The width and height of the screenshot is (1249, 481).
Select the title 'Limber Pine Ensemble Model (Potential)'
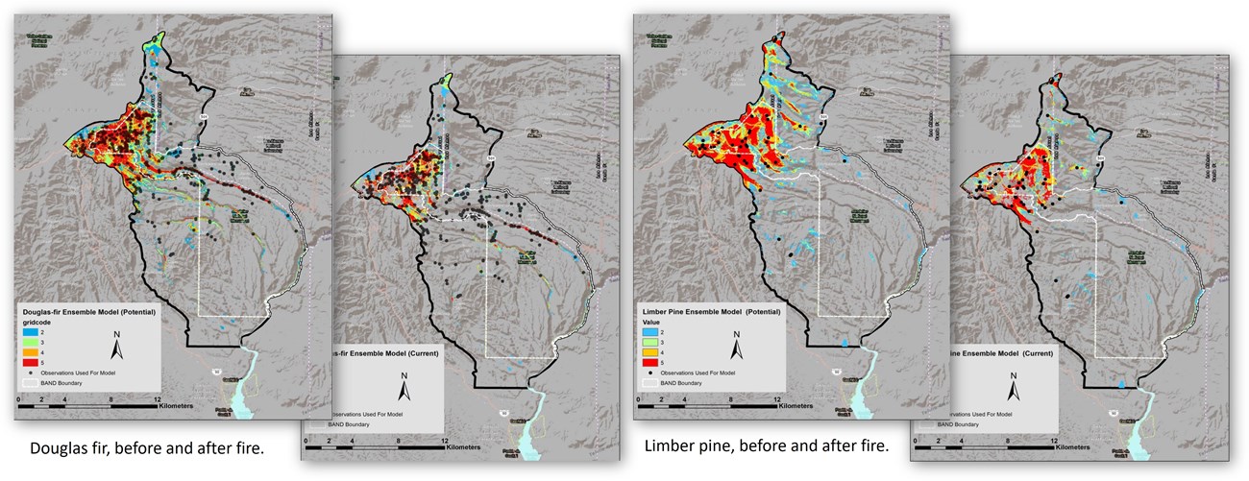pyautogui.click(x=709, y=313)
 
